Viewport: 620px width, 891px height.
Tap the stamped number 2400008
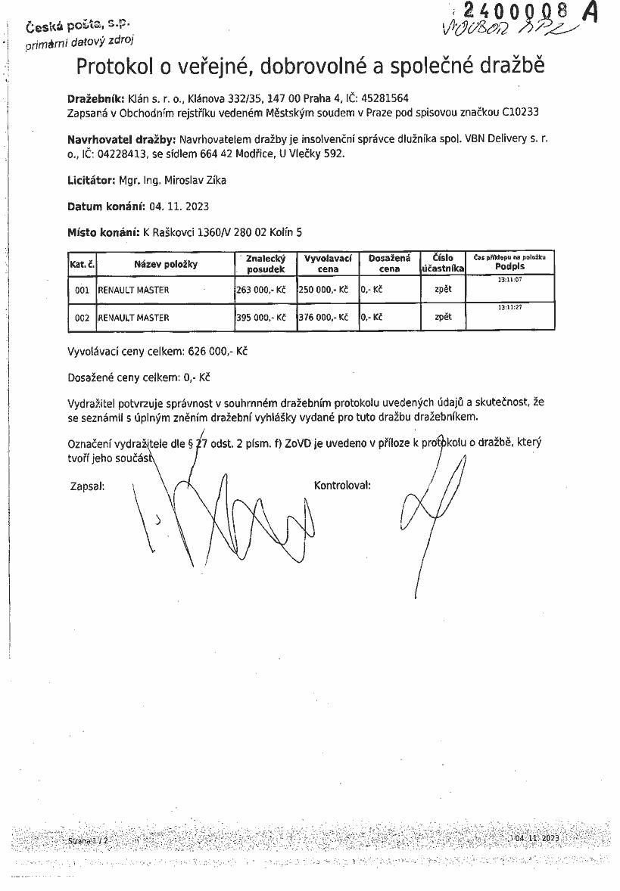coord(515,11)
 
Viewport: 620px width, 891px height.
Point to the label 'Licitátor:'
coord(91,180)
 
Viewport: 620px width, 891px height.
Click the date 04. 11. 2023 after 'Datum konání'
coord(179,206)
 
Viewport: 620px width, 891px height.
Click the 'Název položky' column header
coord(165,264)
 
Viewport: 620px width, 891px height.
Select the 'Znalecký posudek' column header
coord(265,263)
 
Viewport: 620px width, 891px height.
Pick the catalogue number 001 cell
coord(83,290)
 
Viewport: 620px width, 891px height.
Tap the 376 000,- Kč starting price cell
coord(323,318)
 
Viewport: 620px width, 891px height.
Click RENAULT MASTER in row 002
coord(133,318)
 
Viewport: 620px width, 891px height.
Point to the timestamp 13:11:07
coord(509,280)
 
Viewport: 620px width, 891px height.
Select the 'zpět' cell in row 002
coord(443,317)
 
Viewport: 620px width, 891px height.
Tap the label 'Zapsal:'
coord(87,486)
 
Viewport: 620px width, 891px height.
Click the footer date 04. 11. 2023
coord(537,838)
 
